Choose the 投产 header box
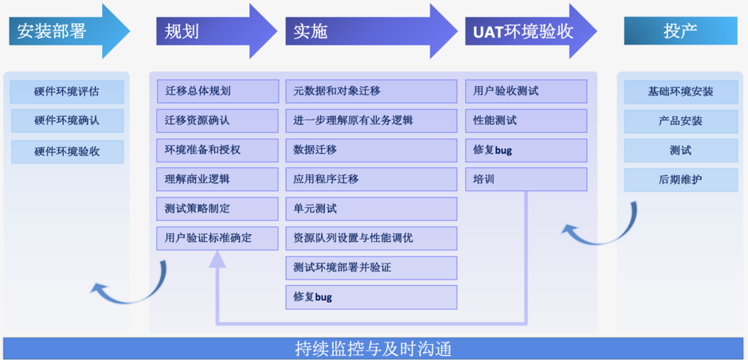[680, 31]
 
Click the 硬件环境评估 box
[67, 92]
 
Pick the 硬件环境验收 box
[67, 151]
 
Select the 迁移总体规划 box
[217, 92]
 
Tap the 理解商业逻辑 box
[217, 179]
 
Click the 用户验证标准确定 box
[217, 238]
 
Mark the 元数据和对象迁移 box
[371, 92]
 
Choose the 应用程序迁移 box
[371, 179]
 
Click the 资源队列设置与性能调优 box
[371, 238]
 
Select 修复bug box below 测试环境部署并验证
[371, 297]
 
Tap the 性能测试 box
[526, 121]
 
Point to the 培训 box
[526, 179]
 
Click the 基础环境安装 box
[680, 92]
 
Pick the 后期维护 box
[680, 179]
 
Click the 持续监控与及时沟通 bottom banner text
[374, 349]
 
